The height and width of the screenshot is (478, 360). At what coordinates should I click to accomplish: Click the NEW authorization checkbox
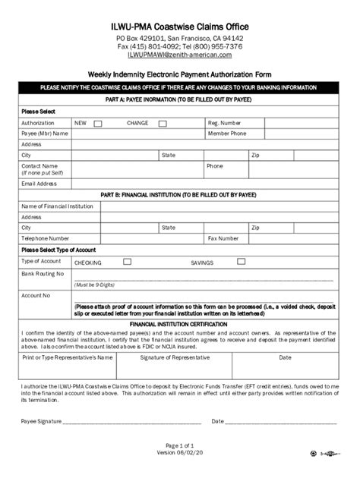pyautogui.click(x=98, y=123)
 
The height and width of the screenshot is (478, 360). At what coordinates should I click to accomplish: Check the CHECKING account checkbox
pyautogui.click(x=128, y=262)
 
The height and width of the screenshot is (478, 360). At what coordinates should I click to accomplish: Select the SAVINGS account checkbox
pyautogui.click(x=241, y=262)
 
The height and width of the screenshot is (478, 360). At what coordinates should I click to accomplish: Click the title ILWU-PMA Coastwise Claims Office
pyautogui.click(x=179, y=27)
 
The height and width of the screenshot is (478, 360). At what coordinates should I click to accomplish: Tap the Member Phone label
pyautogui.click(x=228, y=133)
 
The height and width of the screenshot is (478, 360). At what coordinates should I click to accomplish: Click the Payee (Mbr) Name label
pyautogui.click(x=46, y=133)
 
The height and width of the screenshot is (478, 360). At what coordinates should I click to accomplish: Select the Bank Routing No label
pyautogui.click(x=43, y=273)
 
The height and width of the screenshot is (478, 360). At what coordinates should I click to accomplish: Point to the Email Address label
pyautogui.click(x=39, y=183)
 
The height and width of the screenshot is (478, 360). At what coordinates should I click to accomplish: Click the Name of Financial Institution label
pyautogui.click(x=58, y=206)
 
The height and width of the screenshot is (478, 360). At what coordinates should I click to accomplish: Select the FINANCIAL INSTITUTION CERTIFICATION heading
pyautogui.click(x=179, y=322)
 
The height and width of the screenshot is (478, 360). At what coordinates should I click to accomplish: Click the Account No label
pyautogui.click(x=36, y=295)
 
